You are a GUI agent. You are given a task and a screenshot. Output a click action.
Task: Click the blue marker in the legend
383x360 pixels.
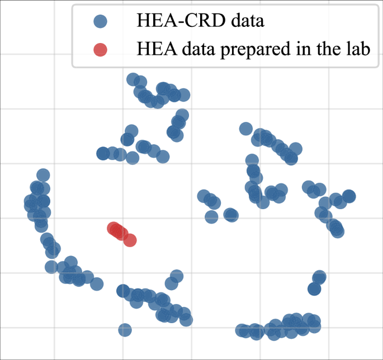(x=100, y=22)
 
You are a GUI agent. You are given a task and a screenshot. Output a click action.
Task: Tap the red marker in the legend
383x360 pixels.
(x=100, y=49)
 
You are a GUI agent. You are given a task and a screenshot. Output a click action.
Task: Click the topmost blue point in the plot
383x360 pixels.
(x=133, y=79)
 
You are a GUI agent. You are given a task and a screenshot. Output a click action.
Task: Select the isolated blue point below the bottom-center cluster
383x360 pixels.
(x=125, y=330)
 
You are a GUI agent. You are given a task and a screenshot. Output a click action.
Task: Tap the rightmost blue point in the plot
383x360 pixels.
(x=349, y=196)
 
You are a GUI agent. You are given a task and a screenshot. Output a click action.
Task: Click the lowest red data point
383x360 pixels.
(x=130, y=240)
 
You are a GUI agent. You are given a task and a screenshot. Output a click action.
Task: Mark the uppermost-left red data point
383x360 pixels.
(x=114, y=228)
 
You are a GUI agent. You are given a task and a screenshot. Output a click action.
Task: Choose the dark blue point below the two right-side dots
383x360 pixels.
(x=314, y=289)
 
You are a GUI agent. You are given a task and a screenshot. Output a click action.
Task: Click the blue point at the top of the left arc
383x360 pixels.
(x=43, y=175)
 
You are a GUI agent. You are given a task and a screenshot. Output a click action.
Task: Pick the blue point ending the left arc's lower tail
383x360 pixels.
(x=97, y=284)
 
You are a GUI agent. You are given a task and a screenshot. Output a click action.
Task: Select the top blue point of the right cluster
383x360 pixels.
(x=245, y=129)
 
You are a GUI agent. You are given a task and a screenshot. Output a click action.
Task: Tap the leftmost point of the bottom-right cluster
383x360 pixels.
(x=242, y=330)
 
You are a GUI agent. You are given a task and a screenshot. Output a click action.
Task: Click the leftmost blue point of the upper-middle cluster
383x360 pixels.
(x=103, y=153)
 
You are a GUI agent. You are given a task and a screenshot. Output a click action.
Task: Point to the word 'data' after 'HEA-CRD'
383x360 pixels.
(x=248, y=22)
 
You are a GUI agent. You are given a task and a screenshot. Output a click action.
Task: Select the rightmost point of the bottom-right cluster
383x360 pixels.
(x=315, y=321)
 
